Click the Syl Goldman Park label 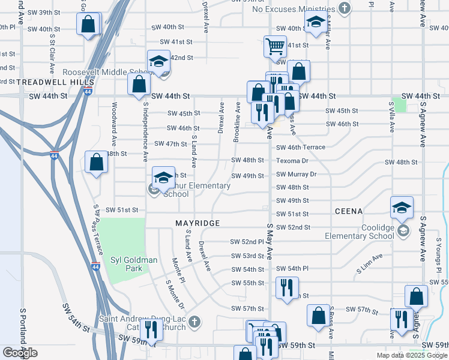pos(134,264)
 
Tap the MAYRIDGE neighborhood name pos(197,223)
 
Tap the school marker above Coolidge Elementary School pos(402,208)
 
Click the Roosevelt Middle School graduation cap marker pos(159,61)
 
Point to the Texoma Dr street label pos(292,161)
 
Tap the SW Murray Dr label pos(296,174)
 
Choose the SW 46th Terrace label pos(300,147)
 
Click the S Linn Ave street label pos(368,264)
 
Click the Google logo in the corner pos(20,352)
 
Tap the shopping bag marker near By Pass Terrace pos(96,163)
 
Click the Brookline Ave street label pos(237,122)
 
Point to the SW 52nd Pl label pos(247,242)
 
